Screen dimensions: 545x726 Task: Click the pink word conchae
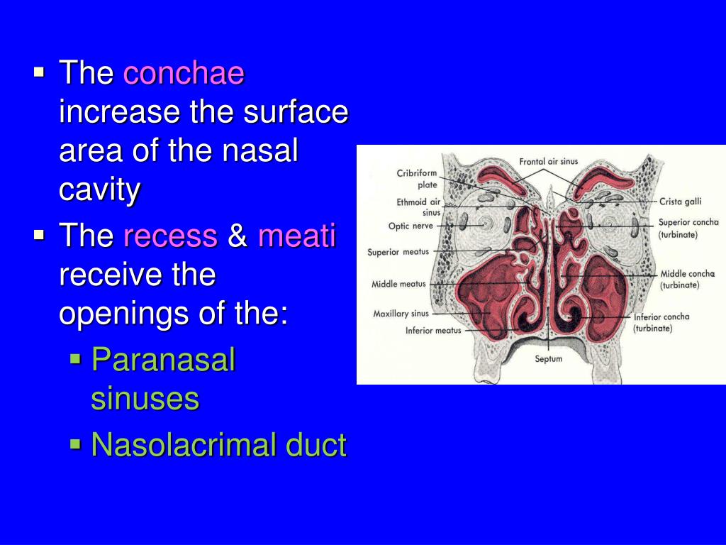[184, 74]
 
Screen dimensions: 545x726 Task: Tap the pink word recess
[170, 236]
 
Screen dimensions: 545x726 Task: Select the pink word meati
[296, 236]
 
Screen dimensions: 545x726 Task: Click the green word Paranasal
[163, 360]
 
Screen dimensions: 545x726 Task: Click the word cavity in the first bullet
[100, 190]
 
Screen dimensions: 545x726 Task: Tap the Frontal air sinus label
[548, 162]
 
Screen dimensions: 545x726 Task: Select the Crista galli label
[680, 202]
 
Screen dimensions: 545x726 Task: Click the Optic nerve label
[411, 226]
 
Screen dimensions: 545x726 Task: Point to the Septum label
[548, 359]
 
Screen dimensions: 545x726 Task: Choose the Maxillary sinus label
[401, 314]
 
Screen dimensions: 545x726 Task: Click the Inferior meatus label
[433, 330]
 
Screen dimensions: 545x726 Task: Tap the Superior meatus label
[398, 252]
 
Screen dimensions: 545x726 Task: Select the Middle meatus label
[398, 285]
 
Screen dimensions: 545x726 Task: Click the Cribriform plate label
[417, 179]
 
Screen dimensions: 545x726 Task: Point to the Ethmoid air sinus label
[419, 207]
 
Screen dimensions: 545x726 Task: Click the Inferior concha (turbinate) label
[661, 322]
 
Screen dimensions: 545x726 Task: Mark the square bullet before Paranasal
[76, 360]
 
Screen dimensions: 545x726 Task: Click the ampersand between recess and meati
[238, 236]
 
